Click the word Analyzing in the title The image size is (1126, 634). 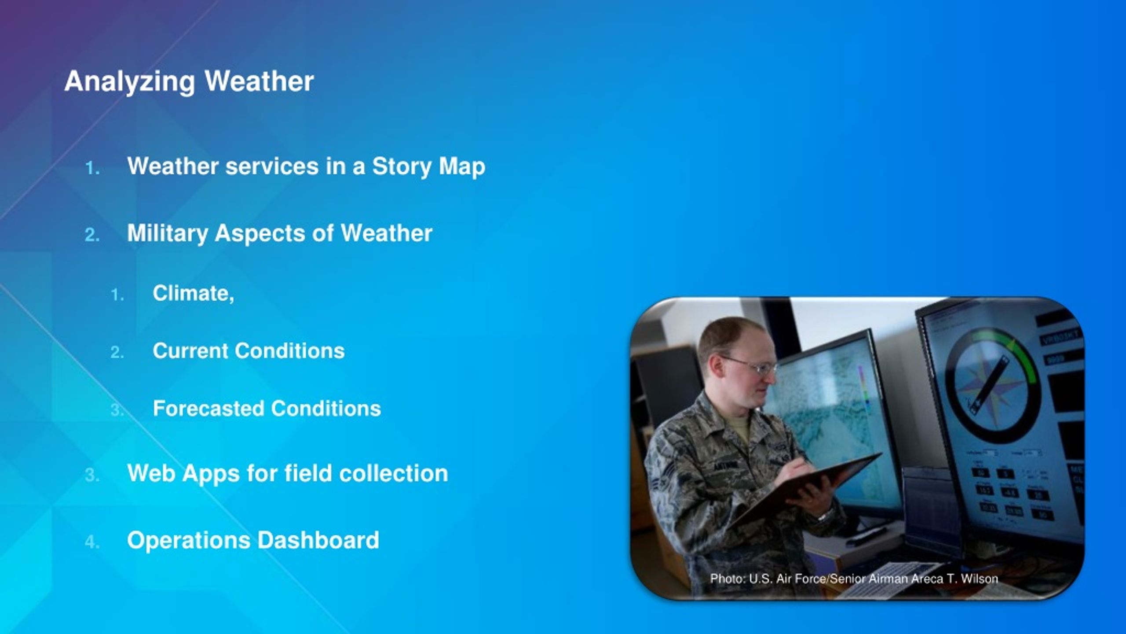[130, 82]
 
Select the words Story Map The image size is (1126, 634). [429, 167]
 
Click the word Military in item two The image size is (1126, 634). [167, 233]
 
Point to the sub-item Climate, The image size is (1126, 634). [194, 294]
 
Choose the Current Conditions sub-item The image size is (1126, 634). [249, 351]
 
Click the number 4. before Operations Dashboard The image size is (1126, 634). [92, 542]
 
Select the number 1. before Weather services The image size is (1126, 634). [93, 169]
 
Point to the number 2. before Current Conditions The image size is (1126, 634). [117, 353]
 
